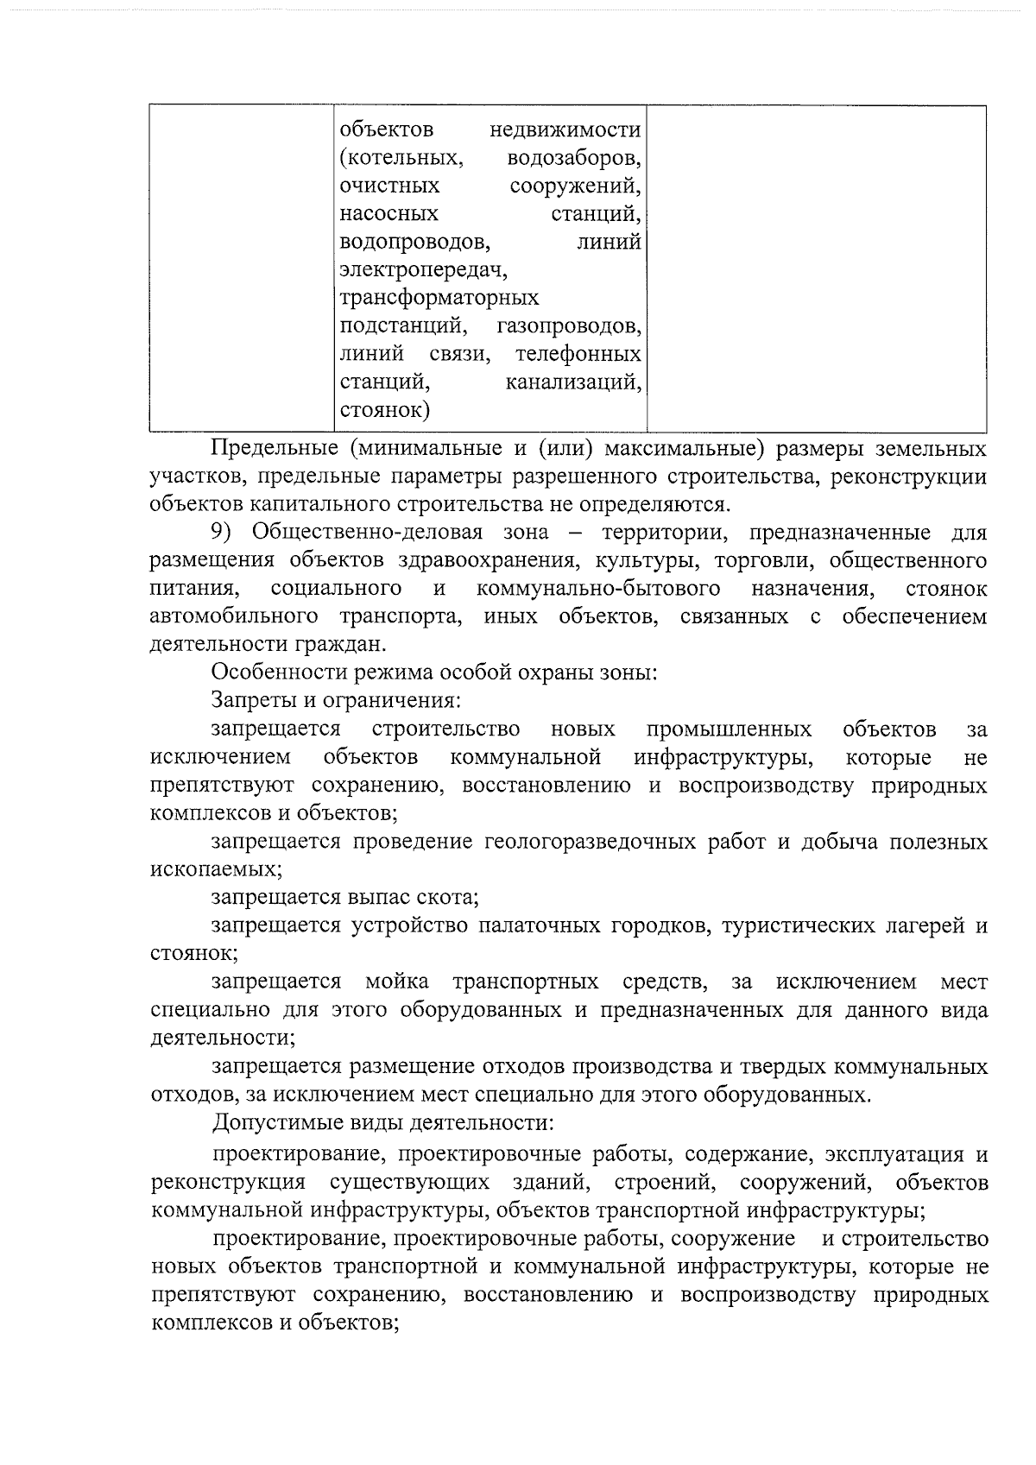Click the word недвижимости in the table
[565, 130]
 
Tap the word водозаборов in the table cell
[573, 159]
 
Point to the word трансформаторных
[439, 299]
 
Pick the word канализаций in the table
[573, 382]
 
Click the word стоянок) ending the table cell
[384, 409]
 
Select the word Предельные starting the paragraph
[274, 449]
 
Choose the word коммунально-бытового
[598, 589]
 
